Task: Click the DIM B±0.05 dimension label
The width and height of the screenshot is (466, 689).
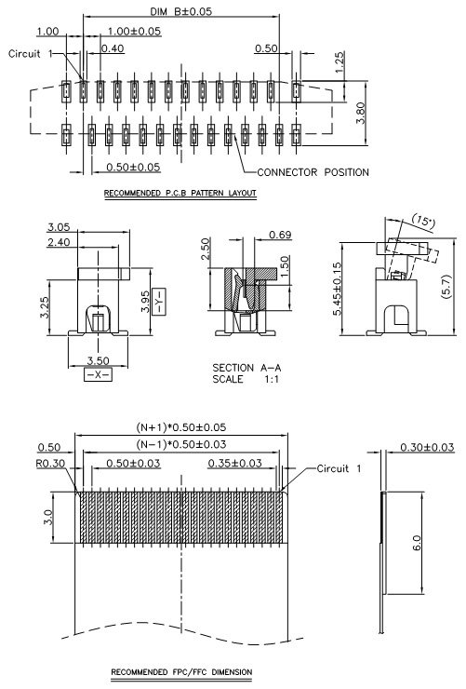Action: point(180,11)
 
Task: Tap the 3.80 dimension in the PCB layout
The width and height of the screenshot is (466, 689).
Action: point(361,113)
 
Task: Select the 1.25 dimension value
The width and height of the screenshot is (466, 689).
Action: point(340,62)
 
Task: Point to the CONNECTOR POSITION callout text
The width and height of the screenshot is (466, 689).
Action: point(313,172)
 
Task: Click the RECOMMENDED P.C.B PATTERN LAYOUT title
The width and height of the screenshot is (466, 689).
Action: point(180,193)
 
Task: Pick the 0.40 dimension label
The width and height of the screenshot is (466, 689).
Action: point(113,48)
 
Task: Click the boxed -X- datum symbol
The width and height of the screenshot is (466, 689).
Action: point(98,375)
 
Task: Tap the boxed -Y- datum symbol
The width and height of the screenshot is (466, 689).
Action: point(159,302)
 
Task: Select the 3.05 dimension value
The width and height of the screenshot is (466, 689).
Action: point(59,227)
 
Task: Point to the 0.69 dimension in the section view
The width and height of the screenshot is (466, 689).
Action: point(280,235)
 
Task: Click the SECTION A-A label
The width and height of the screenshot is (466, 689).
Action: point(246,368)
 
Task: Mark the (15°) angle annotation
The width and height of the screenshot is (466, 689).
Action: point(423,221)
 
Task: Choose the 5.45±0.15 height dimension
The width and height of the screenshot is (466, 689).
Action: point(337,289)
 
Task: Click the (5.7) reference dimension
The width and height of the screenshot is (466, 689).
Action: point(446,287)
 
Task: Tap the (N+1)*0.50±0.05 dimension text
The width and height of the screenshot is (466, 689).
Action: point(180,426)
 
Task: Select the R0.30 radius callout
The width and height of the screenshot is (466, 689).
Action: point(50,464)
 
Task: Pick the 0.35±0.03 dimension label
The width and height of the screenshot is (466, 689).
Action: point(234,463)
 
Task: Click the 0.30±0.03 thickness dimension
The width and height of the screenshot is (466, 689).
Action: point(427,447)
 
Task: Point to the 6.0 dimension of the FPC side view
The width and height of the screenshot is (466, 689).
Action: point(417,543)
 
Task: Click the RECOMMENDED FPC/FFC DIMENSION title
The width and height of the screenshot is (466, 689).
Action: point(181,672)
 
